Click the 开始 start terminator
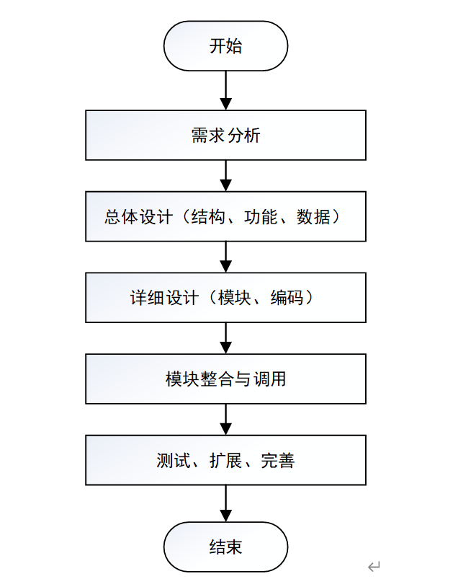pyautogui.click(x=225, y=46)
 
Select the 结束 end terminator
pyautogui.click(x=225, y=547)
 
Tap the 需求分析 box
pyautogui.click(x=225, y=135)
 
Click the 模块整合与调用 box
pyautogui.click(x=225, y=379)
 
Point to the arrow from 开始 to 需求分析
pyautogui.click(x=225, y=90)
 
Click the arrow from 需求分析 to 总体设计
pyautogui.click(x=225, y=176)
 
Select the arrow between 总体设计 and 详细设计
pyautogui.click(x=225, y=257)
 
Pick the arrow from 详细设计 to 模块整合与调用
pyautogui.click(x=225, y=338)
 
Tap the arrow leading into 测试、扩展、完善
pyautogui.click(x=225, y=420)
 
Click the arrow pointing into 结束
pyautogui.click(x=225, y=504)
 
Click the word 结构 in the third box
pyautogui.click(x=208, y=217)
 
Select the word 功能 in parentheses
pyautogui.click(x=261, y=217)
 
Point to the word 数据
pyautogui.click(x=313, y=217)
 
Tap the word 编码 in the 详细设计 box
pyautogui.click(x=287, y=298)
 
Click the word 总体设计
pyautogui.click(x=139, y=217)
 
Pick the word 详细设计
pyautogui.click(x=164, y=298)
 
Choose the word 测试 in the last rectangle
pyautogui.click(x=174, y=461)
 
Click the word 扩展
pyautogui.click(x=225, y=461)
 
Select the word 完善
pyautogui.click(x=278, y=461)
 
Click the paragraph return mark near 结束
pyautogui.click(x=374, y=566)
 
